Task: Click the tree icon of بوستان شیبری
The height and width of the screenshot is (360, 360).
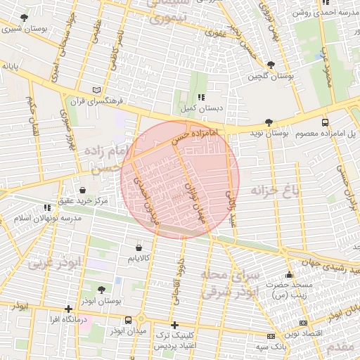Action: point(25,18)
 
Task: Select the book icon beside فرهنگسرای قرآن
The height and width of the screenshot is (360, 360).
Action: point(97,90)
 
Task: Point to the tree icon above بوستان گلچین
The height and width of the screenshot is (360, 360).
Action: point(271,62)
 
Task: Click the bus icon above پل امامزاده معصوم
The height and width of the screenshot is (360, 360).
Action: point(324,122)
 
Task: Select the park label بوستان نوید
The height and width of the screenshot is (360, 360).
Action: point(269,133)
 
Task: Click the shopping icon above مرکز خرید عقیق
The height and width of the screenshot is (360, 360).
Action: point(83,190)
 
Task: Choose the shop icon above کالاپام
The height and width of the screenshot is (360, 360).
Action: point(138,248)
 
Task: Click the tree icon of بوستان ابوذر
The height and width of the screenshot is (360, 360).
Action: point(101,290)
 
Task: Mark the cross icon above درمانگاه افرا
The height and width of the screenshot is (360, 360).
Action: point(68,309)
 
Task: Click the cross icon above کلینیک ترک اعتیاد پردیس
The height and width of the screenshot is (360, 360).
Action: point(175,326)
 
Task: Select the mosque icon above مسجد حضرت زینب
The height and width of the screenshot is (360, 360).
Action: point(289,275)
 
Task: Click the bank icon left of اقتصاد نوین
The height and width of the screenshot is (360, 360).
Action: point(271,337)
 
